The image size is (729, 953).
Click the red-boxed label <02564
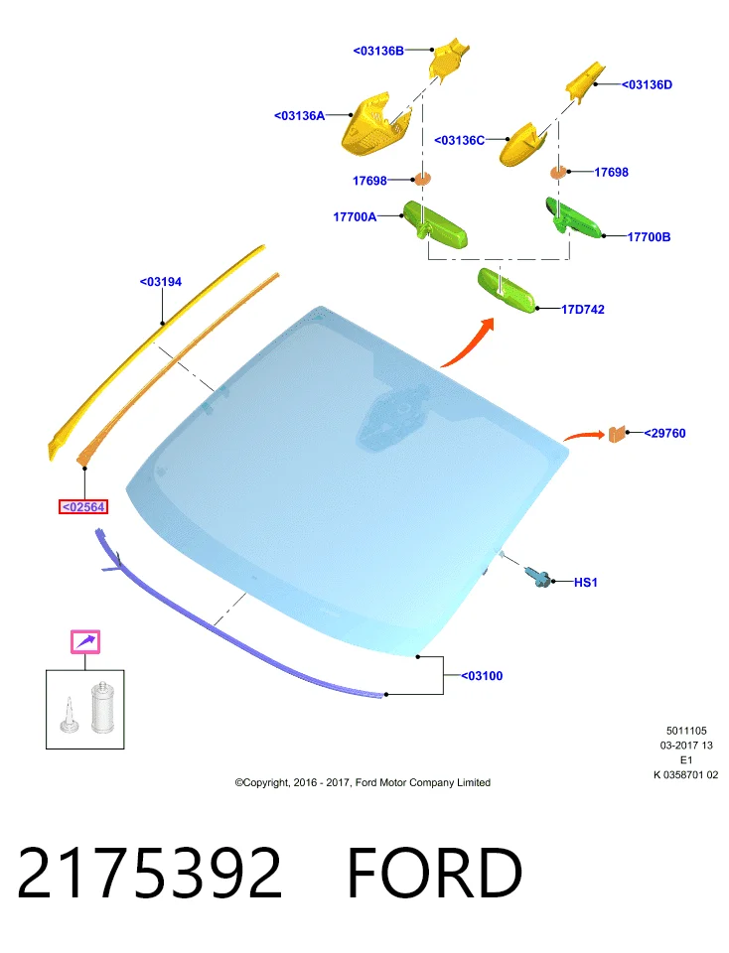pos(83,506)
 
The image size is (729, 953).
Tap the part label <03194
pos(161,281)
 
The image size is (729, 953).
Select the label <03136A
pos(299,115)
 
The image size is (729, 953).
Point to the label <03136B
pos(378,51)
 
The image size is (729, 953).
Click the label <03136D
pos(647,84)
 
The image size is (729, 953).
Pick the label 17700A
pos(355,216)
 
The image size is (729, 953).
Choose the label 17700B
pos(649,236)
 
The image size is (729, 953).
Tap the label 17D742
pos(582,310)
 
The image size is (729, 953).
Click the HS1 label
pos(586,583)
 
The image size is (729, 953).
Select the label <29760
pos(664,433)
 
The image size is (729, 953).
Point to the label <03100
pos(482,675)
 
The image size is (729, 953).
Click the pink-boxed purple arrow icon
pos(85,642)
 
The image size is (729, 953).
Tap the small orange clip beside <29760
pos(617,434)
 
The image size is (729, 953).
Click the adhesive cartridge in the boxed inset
pos(102,707)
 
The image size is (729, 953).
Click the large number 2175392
pos(150,873)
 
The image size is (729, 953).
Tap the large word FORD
pos(434,873)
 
